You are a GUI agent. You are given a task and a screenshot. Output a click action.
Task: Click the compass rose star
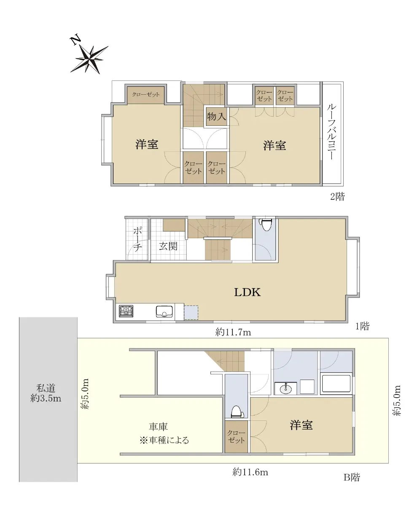[x=90, y=59]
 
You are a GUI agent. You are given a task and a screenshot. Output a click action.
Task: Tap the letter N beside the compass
[x=75, y=40]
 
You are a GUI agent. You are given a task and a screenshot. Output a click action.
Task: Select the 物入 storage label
[x=216, y=117]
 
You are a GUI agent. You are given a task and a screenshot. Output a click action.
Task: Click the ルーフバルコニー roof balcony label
[x=332, y=132]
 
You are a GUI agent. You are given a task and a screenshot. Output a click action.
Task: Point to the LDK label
[x=247, y=292]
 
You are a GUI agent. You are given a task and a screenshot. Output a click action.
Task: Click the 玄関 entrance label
[x=168, y=246]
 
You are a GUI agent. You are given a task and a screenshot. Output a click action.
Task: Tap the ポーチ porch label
[x=137, y=239]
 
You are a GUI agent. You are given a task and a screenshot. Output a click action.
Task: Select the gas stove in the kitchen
[x=126, y=311]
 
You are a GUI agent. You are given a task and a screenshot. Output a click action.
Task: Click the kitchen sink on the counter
[x=164, y=311]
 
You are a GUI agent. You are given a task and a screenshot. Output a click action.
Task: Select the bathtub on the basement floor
[x=336, y=384]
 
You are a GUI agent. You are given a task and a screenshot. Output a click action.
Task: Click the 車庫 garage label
[x=158, y=427]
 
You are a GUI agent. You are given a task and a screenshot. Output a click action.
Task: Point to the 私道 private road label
[x=46, y=388]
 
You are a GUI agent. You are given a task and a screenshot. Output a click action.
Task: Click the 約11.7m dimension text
[x=233, y=332]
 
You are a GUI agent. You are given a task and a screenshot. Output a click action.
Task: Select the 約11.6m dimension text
[x=250, y=472]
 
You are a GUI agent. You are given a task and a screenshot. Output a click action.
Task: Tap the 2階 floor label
[x=337, y=197]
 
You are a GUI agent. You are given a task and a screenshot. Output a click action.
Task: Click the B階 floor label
[x=352, y=477]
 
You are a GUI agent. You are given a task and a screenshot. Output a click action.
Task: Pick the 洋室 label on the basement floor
[x=301, y=425]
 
